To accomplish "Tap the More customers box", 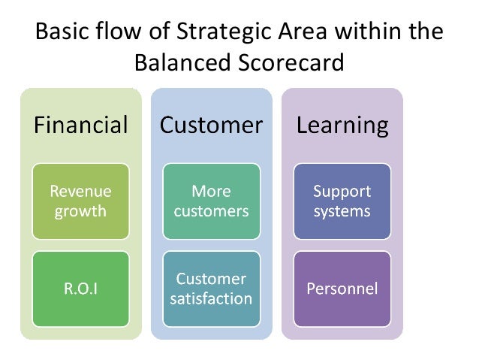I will (211, 201).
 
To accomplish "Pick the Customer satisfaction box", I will (211, 289).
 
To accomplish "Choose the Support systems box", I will (342, 201).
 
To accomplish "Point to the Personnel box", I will (342, 289).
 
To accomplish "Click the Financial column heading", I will (80, 125).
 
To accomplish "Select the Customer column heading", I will (211, 125).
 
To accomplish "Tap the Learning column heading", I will (342, 125).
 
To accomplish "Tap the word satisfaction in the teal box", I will (211, 298).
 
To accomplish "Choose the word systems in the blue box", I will (342, 211).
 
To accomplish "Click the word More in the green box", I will (211, 191).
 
